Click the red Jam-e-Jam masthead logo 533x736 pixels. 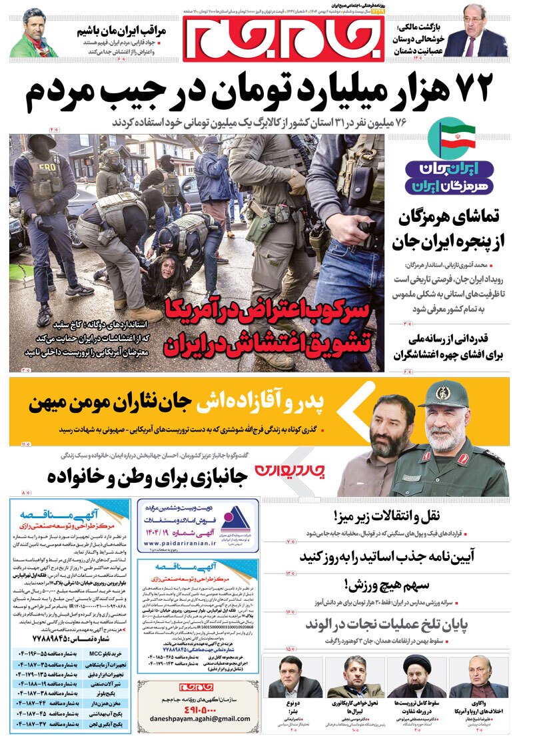coord(283,37)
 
